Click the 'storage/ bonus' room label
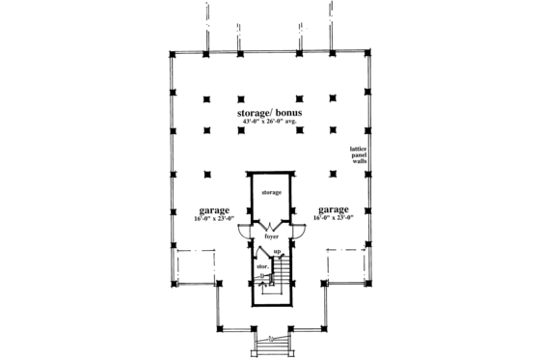[269, 113]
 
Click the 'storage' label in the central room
[269, 193]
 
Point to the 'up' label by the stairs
[276, 252]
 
